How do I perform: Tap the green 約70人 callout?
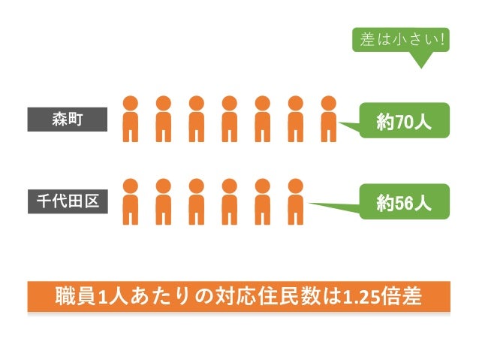(404, 121)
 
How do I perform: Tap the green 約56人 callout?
(404, 201)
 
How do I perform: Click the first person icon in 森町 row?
(131, 119)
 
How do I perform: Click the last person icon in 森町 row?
(328, 119)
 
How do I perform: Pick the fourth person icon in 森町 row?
(229, 119)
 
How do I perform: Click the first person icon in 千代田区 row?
(131, 201)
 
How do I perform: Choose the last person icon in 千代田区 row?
(295, 201)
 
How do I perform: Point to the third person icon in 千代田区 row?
(196, 201)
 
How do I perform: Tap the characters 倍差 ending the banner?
(405, 297)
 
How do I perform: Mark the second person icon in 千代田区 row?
(164, 201)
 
